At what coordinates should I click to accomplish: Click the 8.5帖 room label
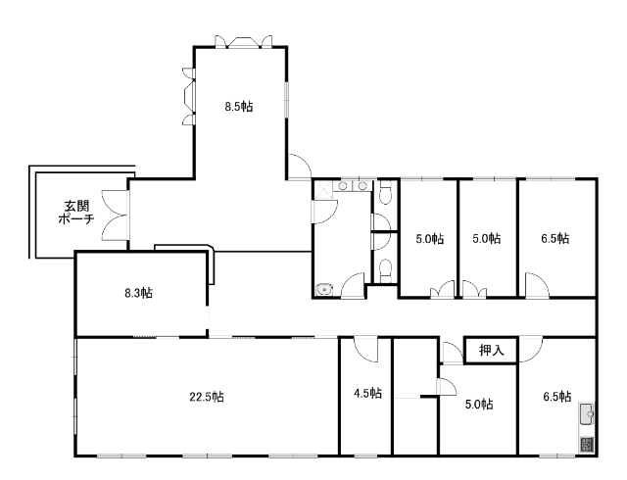pos(238,107)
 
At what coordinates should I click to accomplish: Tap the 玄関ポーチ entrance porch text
pos(76,213)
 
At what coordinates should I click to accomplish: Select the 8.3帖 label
pos(138,293)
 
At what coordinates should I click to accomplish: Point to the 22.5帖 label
pos(207,397)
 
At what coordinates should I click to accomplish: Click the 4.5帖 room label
pos(368,393)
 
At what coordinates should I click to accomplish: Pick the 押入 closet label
pos(492,351)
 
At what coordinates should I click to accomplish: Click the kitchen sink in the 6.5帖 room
pos(587,414)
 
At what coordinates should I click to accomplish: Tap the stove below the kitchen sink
pos(587,445)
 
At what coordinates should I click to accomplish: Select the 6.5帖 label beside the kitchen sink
pos(557,397)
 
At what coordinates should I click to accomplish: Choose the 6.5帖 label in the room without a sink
pos(555,239)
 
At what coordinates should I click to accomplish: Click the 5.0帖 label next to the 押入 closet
pos(479,405)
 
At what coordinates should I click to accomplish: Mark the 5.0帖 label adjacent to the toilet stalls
pos(429,239)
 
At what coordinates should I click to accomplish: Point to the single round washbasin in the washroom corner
pos(323,289)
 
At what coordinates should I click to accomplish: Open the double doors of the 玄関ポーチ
pos(116,215)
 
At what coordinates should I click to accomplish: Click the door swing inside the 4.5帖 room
pos(365,350)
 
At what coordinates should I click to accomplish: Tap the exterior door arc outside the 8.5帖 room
pos(299,167)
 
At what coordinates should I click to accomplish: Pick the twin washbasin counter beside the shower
pos(353,186)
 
